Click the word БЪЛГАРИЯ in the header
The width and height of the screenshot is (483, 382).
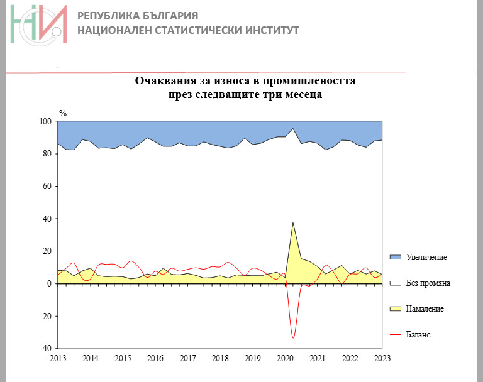pos(168,15)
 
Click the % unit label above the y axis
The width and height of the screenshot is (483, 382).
pos(62,113)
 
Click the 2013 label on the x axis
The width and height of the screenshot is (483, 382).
pos(58,359)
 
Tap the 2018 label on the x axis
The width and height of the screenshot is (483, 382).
pos(220,359)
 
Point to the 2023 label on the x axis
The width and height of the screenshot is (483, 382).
pos(382,359)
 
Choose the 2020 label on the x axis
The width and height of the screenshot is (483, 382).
pos(285,359)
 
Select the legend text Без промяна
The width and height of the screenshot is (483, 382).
pos(428,283)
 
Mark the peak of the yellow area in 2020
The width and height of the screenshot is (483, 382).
pos(293,222)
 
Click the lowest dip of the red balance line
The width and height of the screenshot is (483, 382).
pos(293,338)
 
